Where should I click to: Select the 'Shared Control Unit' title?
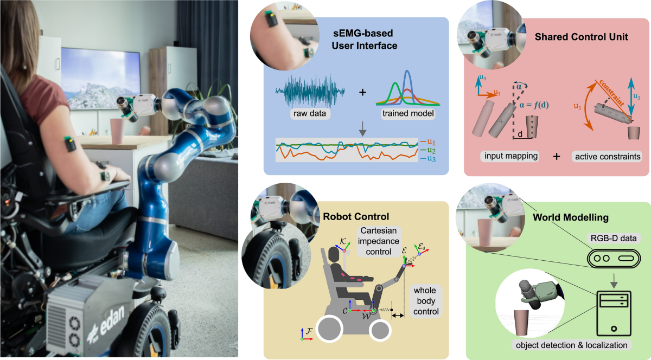point(581,37)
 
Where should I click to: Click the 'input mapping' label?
point(509,157)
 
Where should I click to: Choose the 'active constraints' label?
point(607,157)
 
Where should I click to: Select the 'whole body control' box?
point(427,301)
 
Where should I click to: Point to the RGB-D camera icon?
point(611,259)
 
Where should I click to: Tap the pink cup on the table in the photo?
point(117,131)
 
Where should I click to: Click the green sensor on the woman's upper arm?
point(69,144)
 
